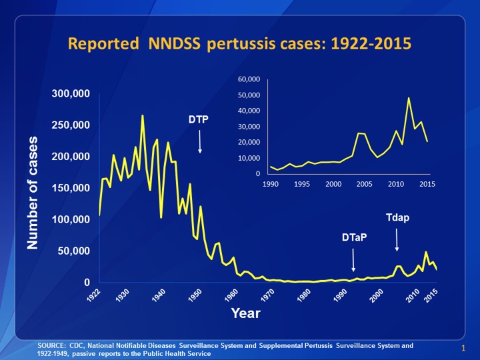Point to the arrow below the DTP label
(x=199, y=141)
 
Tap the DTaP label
(x=354, y=237)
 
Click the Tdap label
(x=397, y=218)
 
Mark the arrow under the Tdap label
(x=397, y=239)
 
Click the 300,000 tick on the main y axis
(x=71, y=94)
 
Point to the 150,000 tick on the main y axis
(x=71, y=189)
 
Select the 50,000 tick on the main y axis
(x=74, y=251)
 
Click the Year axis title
(x=245, y=313)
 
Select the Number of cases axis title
(x=33, y=193)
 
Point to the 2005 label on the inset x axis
(x=364, y=184)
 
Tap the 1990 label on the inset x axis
(x=271, y=184)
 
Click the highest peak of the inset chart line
(x=409, y=98)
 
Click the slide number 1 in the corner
(x=462, y=348)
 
